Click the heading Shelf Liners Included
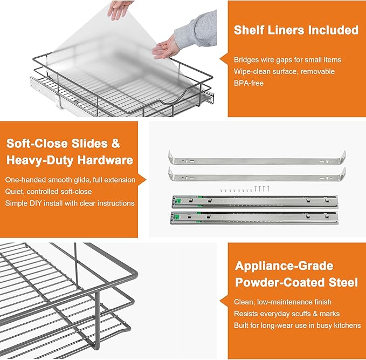point(296,30)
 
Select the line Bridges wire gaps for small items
point(287,59)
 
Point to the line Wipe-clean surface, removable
point(284,71)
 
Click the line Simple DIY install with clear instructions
point(70,203)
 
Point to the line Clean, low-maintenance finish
point(282,302)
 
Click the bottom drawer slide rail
point(253,218)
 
